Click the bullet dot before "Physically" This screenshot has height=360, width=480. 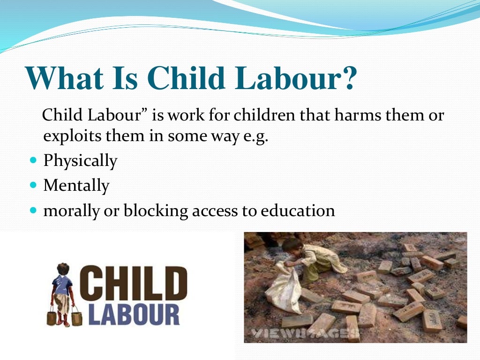(33, 161)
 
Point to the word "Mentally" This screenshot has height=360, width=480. (76, 186)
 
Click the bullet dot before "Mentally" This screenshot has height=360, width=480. (33, 186)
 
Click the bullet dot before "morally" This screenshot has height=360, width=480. (33, 210)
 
